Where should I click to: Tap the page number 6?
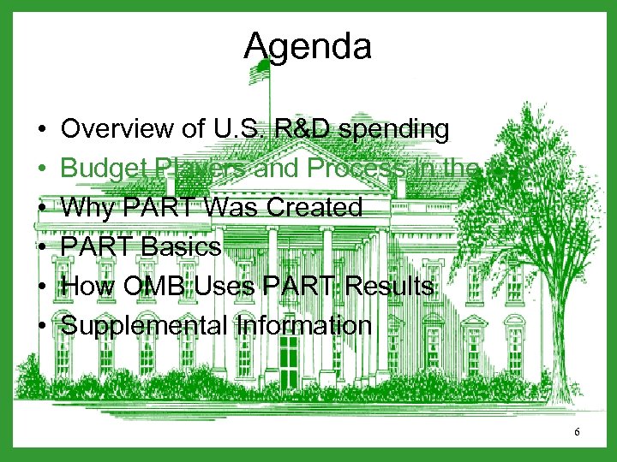(578, 432)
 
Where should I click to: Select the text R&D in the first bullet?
(297, 129)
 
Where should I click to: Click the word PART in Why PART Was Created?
(151, 208)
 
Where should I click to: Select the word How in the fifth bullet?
(85, 287)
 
